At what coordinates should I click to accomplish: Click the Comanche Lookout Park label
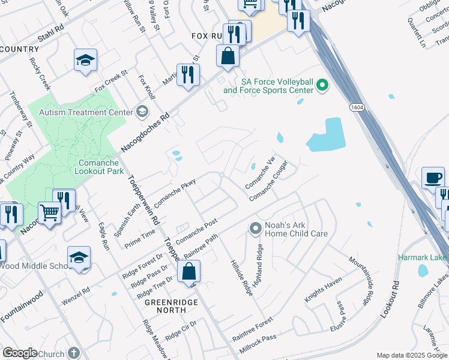(101, 167)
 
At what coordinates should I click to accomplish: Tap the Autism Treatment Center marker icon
(142, 112)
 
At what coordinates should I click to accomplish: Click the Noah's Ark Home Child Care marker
(255, 228)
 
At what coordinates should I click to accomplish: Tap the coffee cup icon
(433, 178)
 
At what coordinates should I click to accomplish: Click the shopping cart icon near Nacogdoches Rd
(49, 212)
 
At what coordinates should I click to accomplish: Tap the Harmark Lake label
(423, 257)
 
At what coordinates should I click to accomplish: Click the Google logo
(20, 353)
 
